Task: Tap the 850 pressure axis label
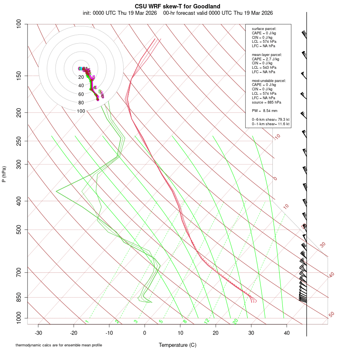click(x=19, y=298)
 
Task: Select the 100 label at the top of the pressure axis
click(x=19, y=24)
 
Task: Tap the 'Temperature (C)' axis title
click(x=177, y=345)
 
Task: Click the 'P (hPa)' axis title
click(x=4, y=174)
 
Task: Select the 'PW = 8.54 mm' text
click(x=264, y=111)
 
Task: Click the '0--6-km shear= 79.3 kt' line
click(x=270, y=120)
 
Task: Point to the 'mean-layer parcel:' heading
click(x=267, y=55)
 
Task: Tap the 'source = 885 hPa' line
click(x=266, y=102)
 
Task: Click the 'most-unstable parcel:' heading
click(x=269, y=81)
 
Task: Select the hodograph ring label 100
click(x=81, y=111)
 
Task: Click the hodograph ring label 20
click(x=81, y=77)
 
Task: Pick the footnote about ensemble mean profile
click(x=59, y=345)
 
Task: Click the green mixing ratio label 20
click(x=236, y=321)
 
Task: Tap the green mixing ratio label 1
click(x=87, y=321)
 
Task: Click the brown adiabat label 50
click(x=331, y=315)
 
